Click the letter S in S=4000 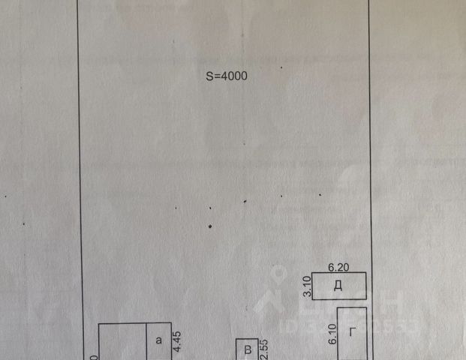(x=210, y=76)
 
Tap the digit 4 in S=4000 (x=223, y=76)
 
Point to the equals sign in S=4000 (x=216, y=76)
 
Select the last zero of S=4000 (x=243, y=76)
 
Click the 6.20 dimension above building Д (x=340, y=266)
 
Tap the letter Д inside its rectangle (x=338, y=286)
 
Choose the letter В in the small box (x=246, y=350)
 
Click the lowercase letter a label (x=158, y=340)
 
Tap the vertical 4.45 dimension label (x=178, y=341)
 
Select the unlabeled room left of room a (x=122, y=343)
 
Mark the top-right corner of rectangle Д (x=366, y=273)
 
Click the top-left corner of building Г (x=337, y=307)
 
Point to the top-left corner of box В (x=236, y=340)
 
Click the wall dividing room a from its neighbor (x=146, y=342)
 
